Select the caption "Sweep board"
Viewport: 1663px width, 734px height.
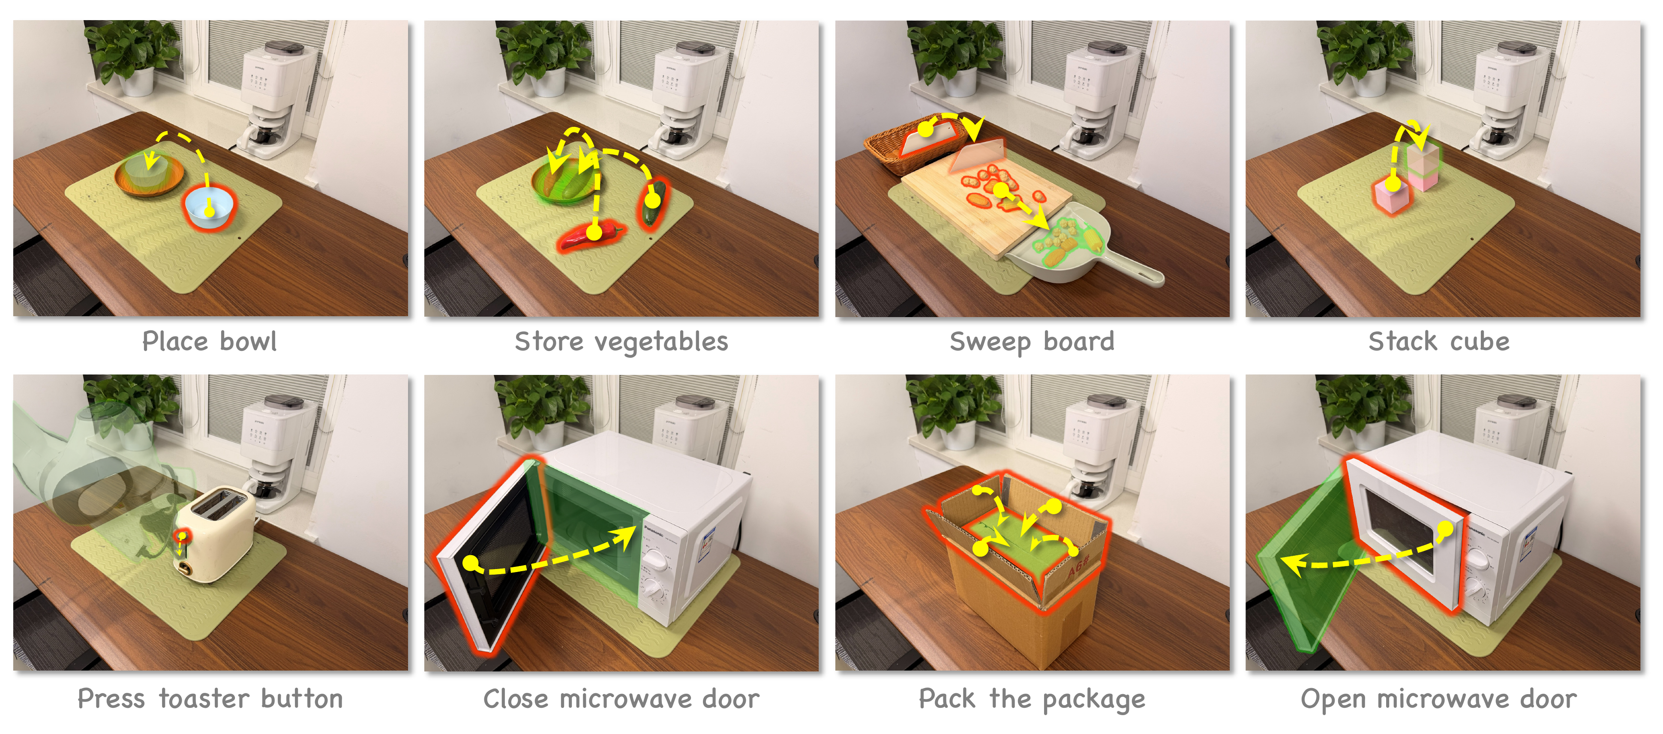[x=1032, y=342]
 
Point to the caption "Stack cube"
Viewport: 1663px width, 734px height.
[x=1439, y=342]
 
